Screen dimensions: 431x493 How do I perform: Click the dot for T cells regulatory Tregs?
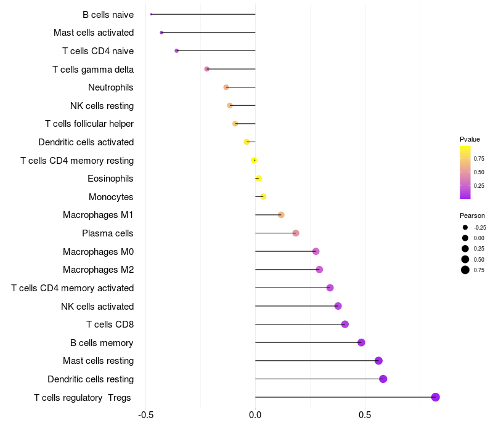435,397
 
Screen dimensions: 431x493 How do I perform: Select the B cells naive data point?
151,14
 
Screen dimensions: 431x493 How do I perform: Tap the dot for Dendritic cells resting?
383,379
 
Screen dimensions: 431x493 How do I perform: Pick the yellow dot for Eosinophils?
258,179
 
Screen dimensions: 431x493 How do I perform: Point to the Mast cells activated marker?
161,33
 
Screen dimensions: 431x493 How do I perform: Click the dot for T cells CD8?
344,324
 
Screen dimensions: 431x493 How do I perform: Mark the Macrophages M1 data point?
281,215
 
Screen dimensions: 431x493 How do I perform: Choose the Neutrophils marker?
226,87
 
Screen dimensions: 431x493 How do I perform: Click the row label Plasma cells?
108,233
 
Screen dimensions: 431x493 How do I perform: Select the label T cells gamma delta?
93,70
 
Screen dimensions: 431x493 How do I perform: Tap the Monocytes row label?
111,197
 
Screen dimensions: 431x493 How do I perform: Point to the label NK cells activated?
97,306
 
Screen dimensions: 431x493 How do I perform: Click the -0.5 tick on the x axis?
145,414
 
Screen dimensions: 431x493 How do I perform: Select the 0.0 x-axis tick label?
255,414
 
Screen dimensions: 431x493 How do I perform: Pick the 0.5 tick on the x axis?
365,414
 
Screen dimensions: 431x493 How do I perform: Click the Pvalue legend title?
470,139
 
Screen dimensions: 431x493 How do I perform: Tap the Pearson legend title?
472,216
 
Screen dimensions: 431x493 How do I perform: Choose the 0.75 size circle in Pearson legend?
465,270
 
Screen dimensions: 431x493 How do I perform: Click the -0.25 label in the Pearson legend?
480,227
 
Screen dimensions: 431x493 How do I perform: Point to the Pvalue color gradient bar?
465,172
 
